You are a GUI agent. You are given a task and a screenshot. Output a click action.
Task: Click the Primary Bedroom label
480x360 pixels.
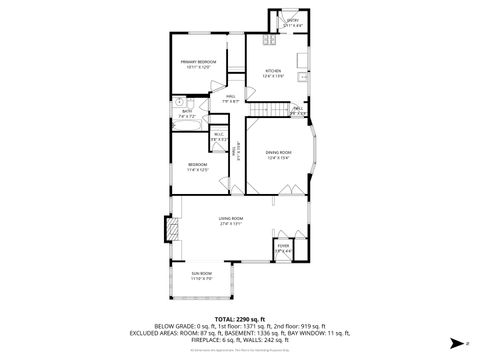tap(199, 62)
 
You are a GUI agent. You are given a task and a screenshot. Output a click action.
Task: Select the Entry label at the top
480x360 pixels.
tap(293, 18)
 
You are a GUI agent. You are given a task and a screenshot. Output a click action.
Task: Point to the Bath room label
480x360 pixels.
tap(187, 111)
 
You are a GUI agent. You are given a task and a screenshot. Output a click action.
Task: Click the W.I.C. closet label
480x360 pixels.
tap(218, 134)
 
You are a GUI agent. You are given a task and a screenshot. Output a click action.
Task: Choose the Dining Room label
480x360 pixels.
tap(278, 152)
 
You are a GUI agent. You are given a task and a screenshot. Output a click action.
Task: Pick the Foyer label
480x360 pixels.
tap(283, 244)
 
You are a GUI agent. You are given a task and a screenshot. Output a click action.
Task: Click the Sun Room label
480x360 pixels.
tap(202, 273)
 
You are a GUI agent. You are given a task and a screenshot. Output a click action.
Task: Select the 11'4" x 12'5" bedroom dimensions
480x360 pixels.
tap(197, 169)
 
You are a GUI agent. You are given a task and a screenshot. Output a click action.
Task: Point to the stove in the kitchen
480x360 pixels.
tap(268, 42)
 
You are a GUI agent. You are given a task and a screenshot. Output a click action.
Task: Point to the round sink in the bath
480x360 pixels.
tap(179, 101)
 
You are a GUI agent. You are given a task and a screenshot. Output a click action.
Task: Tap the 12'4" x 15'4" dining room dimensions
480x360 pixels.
tap(278, 158)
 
